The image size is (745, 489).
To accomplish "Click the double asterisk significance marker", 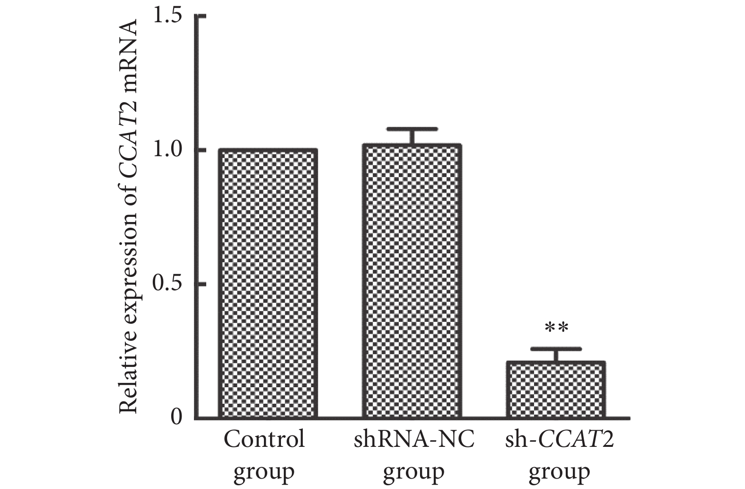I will [x=556, y=328].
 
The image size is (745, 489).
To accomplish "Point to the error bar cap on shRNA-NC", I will [x=412, y=129].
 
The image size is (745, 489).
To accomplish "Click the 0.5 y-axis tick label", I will [x=167, y=284].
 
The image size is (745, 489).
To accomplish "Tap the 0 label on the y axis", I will [x=176, y=418].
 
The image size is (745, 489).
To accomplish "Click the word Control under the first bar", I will [x=264, y=439].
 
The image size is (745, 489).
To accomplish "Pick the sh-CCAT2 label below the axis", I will [x=560, y=439].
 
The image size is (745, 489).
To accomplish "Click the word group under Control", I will [x=264, y=471].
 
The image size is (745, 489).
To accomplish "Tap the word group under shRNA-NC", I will [x=413, y=471].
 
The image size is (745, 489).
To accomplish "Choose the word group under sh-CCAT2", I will [x=559, y=471].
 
